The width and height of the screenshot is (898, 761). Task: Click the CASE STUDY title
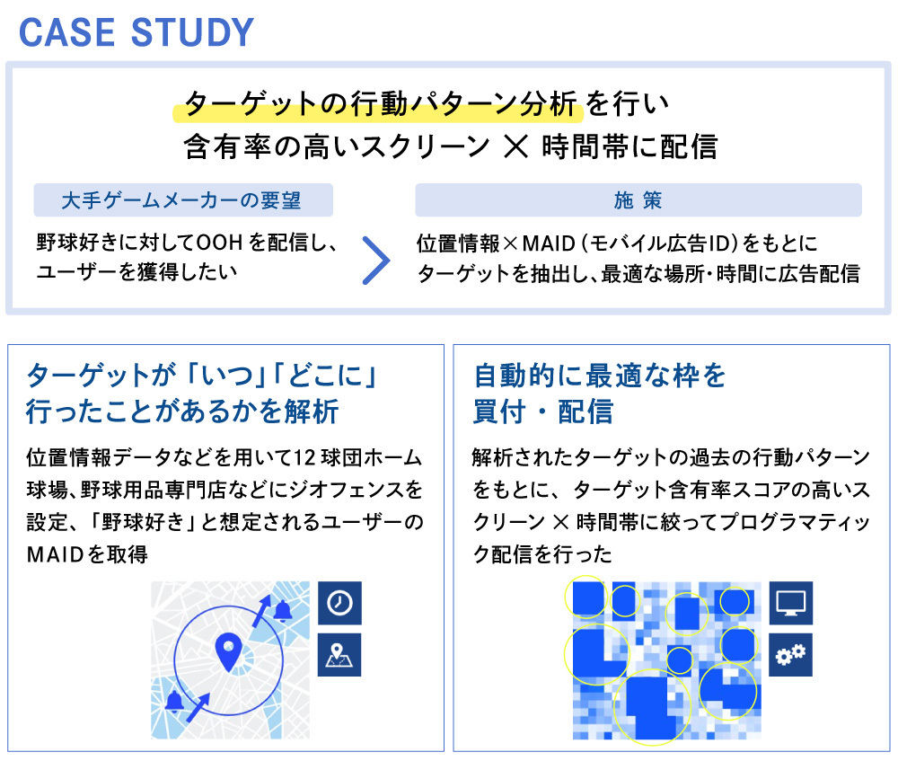[x=136, y=32]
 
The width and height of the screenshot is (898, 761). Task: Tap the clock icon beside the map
[x=339, y=603]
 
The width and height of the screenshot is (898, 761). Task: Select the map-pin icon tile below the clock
[x=339, y=654]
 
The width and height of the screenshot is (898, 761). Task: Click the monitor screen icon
[x=790, y=603]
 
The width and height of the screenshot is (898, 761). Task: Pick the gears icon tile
[x=790, y=654]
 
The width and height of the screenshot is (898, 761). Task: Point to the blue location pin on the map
[x=228, y=652]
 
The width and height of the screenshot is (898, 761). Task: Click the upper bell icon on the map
[x=282, y=612]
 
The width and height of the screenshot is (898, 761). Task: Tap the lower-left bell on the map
[x=175, y=702]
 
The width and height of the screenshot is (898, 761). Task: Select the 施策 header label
[x=638, y=200]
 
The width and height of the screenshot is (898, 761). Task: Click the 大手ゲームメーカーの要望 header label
[x=181, y=200]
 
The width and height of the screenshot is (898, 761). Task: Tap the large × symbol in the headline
[x=516, y=146]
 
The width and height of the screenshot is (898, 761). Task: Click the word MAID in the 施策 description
[x=549, y=243]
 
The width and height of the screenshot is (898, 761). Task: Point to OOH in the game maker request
[x=219, y=243]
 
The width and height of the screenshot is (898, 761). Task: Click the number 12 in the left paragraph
[x=304, y=458]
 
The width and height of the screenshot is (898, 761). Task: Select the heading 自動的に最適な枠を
[x=600, y=376]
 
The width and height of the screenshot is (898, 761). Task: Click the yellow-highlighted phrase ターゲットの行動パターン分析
[x=380, y=103]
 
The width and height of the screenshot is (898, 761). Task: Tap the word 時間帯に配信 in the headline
[x=629, y=146]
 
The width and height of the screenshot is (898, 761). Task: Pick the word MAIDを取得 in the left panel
[x=88, y=554]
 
